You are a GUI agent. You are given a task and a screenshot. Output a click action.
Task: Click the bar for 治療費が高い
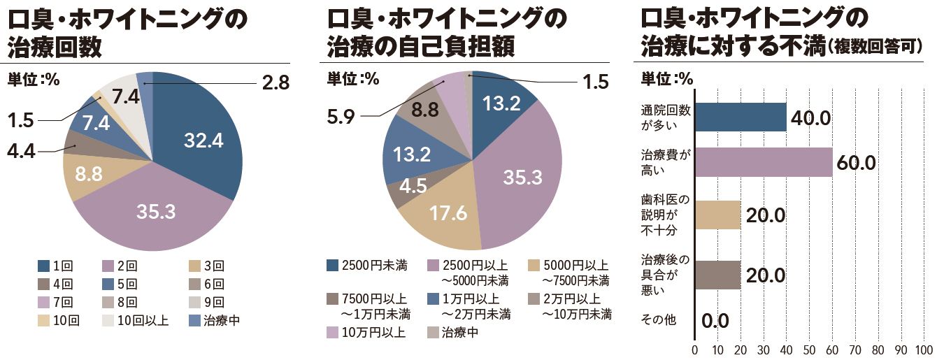tap(763, 162)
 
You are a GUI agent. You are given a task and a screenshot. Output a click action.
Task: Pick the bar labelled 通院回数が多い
tap(740, 117)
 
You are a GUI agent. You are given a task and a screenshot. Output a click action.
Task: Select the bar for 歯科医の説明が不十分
tap(717, 215)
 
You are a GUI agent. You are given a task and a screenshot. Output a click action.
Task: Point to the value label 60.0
tap(856, 164)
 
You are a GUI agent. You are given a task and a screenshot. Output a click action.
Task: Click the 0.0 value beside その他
tap(715, 321)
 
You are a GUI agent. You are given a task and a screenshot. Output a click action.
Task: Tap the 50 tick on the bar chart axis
tap(809, 349)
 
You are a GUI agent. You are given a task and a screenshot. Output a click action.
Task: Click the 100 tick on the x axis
tap(924, 349)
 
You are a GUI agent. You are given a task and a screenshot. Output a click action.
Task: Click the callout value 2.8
tap(275, 83)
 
